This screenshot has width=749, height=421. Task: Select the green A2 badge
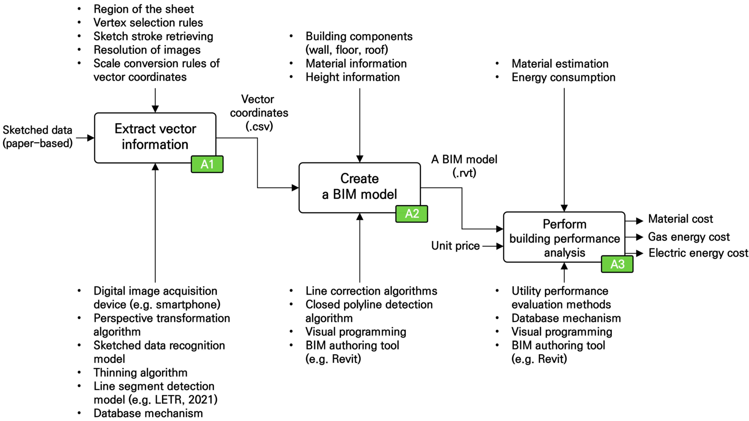tap(411, 214)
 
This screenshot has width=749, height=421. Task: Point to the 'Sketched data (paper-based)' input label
tap(38, 137)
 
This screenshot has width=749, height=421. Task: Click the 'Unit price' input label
tap(455, 246)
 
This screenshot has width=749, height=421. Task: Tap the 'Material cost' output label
tap(680, 219)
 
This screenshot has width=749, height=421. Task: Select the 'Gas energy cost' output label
tap(688, 237)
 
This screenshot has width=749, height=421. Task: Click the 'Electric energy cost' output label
tap(698, 253)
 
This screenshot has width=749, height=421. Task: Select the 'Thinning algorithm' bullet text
tap(140, 373)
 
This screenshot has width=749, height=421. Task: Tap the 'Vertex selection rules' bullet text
tap(148, 23)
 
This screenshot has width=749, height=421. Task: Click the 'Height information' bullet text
tap(352, 77)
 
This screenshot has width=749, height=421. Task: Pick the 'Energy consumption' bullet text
tap(563, 77)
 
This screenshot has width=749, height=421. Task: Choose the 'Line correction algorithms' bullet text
tap(371, 291)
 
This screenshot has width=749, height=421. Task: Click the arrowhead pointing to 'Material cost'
tap(639, 221)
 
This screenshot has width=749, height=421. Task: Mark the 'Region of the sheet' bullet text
tap(144, 9)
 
